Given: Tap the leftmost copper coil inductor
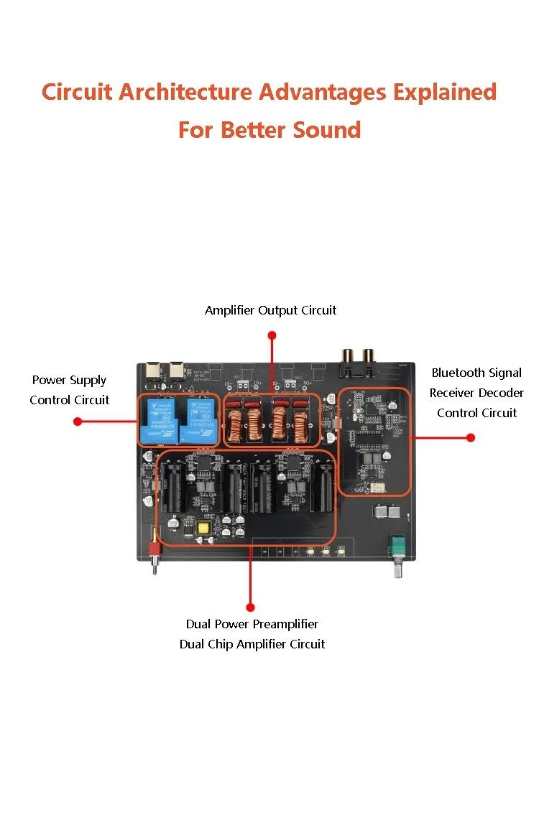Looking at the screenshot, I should pyautogui.click(x=234, y=425).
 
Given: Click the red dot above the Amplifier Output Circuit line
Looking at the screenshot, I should pyautogui.click(x=272, y=335).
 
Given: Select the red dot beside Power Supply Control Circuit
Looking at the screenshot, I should pyautogui.click(x=78, y=421).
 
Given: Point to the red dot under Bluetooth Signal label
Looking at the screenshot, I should pyautogui.click(x=471, y=437).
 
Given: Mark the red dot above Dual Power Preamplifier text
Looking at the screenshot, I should pyautogui.click(x=251, y=607).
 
